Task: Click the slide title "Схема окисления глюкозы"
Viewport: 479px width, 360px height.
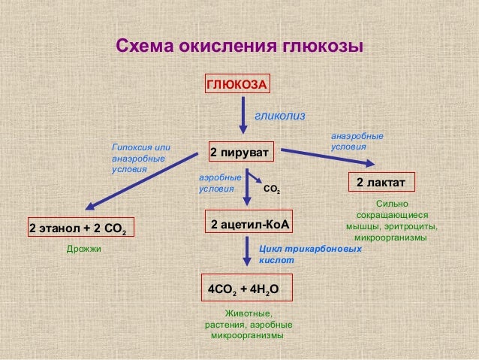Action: tap(239, 47)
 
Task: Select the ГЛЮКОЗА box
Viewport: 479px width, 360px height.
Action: tap(237, 84)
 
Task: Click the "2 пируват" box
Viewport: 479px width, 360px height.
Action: tap(240, 153)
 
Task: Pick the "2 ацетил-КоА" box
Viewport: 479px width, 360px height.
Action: tap(249, 224)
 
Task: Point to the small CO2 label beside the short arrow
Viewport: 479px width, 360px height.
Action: tap(273, 190)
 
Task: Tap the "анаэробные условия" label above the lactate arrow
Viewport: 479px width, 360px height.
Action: tap(357, 141)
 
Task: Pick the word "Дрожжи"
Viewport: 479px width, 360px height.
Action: tap(83, 248)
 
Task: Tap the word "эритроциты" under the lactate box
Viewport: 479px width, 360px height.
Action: tap(411, 225)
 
